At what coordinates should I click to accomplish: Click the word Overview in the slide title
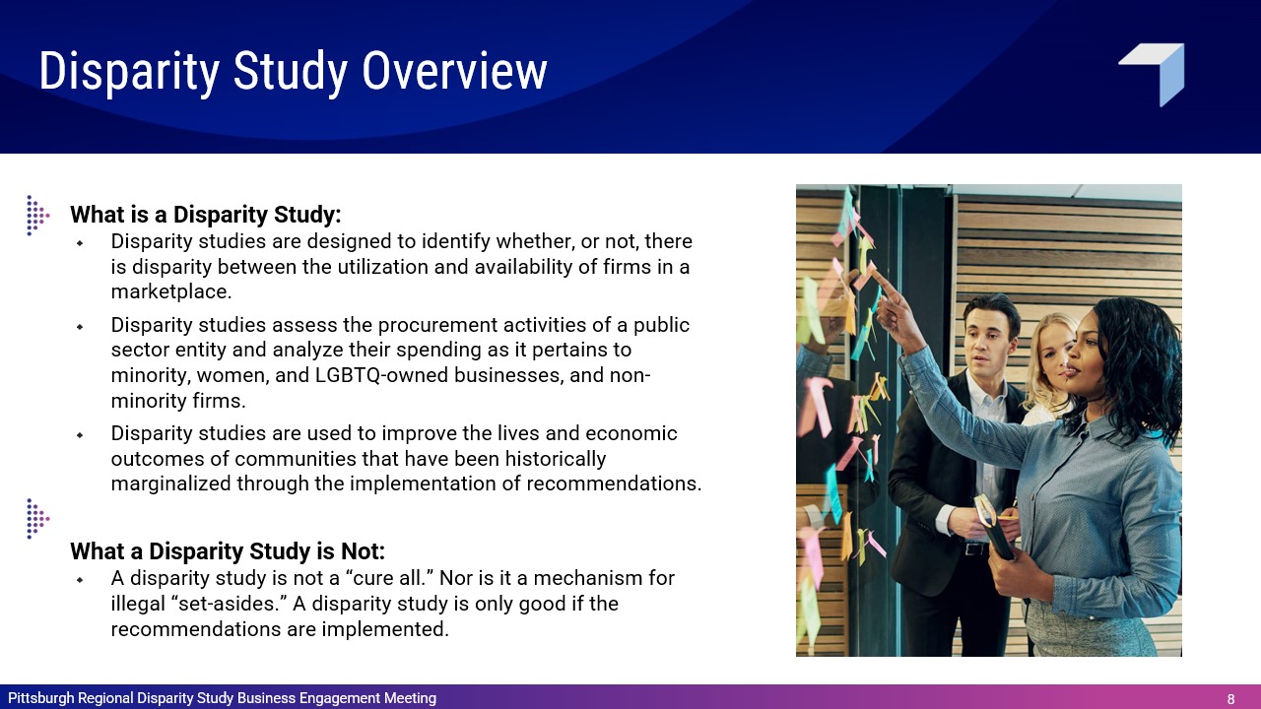454,71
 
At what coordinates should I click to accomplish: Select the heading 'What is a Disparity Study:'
206,215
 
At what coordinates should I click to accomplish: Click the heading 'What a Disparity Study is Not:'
228,551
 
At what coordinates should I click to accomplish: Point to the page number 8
1231,699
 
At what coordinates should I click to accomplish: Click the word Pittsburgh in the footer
41,698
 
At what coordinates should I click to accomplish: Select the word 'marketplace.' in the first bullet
171,292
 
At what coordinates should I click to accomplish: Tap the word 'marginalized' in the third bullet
170,483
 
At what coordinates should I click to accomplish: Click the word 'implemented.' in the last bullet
385,629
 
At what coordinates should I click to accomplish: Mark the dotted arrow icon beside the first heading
37,216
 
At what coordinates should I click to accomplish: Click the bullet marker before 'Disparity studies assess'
80,326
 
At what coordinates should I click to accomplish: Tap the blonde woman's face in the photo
1054,355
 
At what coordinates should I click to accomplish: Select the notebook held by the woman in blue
995,527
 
